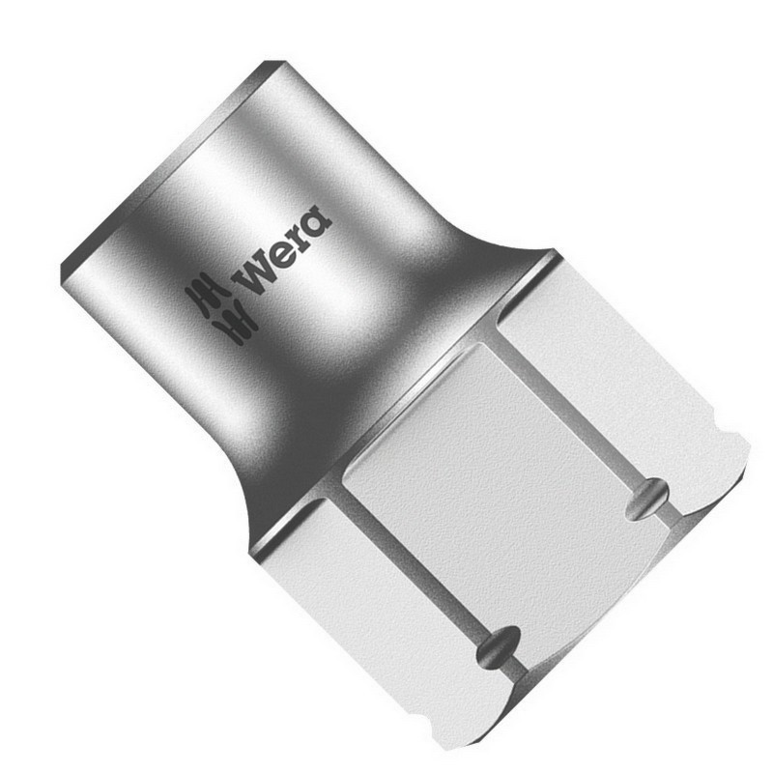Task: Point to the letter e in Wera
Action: point(282,254)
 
